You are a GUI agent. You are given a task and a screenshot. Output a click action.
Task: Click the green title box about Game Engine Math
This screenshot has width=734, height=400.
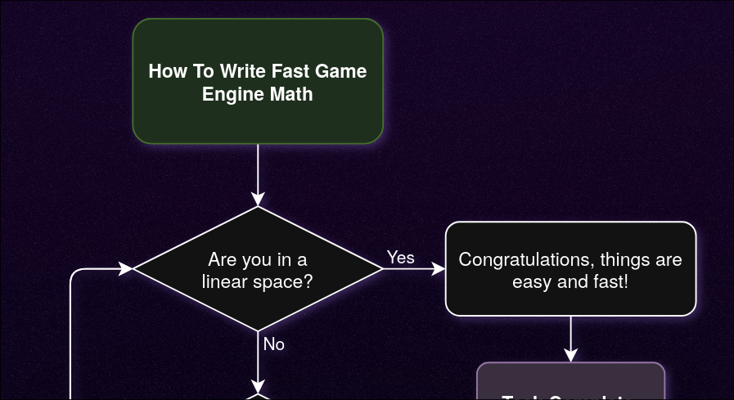point(258,82)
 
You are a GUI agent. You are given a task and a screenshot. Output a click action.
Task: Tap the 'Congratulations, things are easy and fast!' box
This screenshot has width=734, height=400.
point(570,268)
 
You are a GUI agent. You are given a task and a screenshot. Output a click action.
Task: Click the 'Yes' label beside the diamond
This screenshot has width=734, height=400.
point(401,258)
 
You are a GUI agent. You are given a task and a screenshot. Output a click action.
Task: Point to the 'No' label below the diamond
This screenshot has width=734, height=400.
point(274,344)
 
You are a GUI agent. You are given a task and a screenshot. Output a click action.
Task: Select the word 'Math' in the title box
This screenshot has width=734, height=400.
point(294,94)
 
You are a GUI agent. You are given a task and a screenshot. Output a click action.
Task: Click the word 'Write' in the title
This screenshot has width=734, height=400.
point(244,71)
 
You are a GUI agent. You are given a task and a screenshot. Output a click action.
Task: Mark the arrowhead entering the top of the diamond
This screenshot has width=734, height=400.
point(258,200)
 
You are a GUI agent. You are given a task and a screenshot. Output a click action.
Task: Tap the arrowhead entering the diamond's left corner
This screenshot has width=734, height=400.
point(126,268)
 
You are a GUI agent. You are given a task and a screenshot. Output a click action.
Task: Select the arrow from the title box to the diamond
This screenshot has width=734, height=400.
point(258,172)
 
